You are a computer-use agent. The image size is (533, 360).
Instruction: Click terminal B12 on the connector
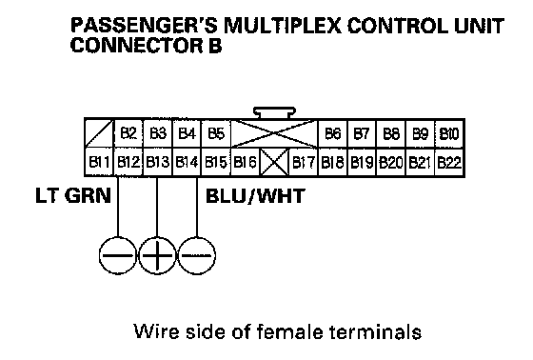[128, 162]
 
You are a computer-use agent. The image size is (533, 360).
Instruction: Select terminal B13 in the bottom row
[158, 162]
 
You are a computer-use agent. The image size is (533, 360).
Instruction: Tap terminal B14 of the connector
[187, 162]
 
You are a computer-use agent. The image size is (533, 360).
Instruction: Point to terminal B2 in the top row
[128, 133]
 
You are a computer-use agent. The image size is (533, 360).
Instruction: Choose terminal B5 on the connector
[216, 133]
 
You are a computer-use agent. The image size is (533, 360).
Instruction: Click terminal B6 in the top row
[332, 133]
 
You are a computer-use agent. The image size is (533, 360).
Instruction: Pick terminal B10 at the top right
[449, 133]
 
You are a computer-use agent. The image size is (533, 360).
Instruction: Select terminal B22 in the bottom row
[449, 162]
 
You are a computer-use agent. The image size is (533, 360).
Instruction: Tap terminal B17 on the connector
[304, 162]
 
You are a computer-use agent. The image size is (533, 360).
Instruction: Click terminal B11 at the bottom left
[99, 162]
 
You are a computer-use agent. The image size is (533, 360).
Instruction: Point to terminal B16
[246, 162]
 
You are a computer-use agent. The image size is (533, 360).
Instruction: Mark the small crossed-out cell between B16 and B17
[274, 162]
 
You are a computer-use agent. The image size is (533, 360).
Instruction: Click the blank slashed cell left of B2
[99, 133]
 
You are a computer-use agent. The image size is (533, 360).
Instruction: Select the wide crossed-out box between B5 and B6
[274, 133]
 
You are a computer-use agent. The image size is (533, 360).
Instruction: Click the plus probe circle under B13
[157, 255]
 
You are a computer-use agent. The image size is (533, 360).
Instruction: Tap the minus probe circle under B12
[118, 255]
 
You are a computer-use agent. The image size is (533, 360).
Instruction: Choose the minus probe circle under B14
[197, 255]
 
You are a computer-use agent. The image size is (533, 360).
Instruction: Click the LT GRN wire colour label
[73, 195]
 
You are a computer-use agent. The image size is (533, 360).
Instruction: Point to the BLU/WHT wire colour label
[255, 196]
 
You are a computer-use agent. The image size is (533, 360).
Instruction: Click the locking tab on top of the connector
[275, 112]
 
